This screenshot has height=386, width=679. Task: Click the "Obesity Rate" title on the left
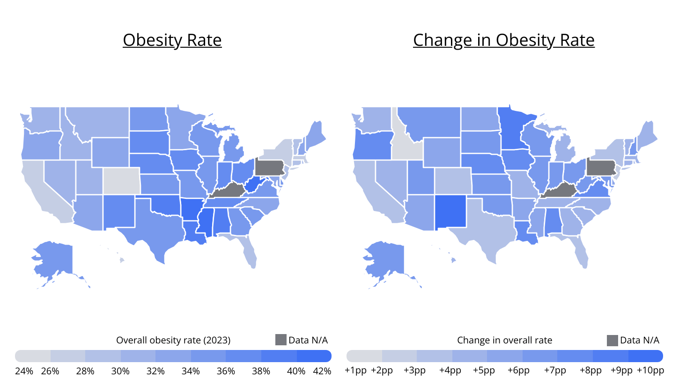tap(172, 40)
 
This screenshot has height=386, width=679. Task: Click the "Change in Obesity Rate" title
tap(503, 40)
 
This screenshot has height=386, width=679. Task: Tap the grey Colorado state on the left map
tap(121, 181)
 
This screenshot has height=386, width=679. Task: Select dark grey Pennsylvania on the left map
tap(270, 167)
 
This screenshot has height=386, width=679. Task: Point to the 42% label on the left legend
tap(322, 371)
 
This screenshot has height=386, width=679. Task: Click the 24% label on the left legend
tap(24, 371)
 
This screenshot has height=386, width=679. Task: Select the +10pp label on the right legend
tap(650, 371)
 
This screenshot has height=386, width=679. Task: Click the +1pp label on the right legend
tap(355, 371)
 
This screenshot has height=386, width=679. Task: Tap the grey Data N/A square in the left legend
tap(280, 340)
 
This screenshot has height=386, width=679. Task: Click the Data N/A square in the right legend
tap(612, 340)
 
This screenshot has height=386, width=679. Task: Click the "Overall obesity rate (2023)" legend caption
tap(173, 340)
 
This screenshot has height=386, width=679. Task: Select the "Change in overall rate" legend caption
tap(504, 340)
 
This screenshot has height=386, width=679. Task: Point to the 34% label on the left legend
tap(191, 371)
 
